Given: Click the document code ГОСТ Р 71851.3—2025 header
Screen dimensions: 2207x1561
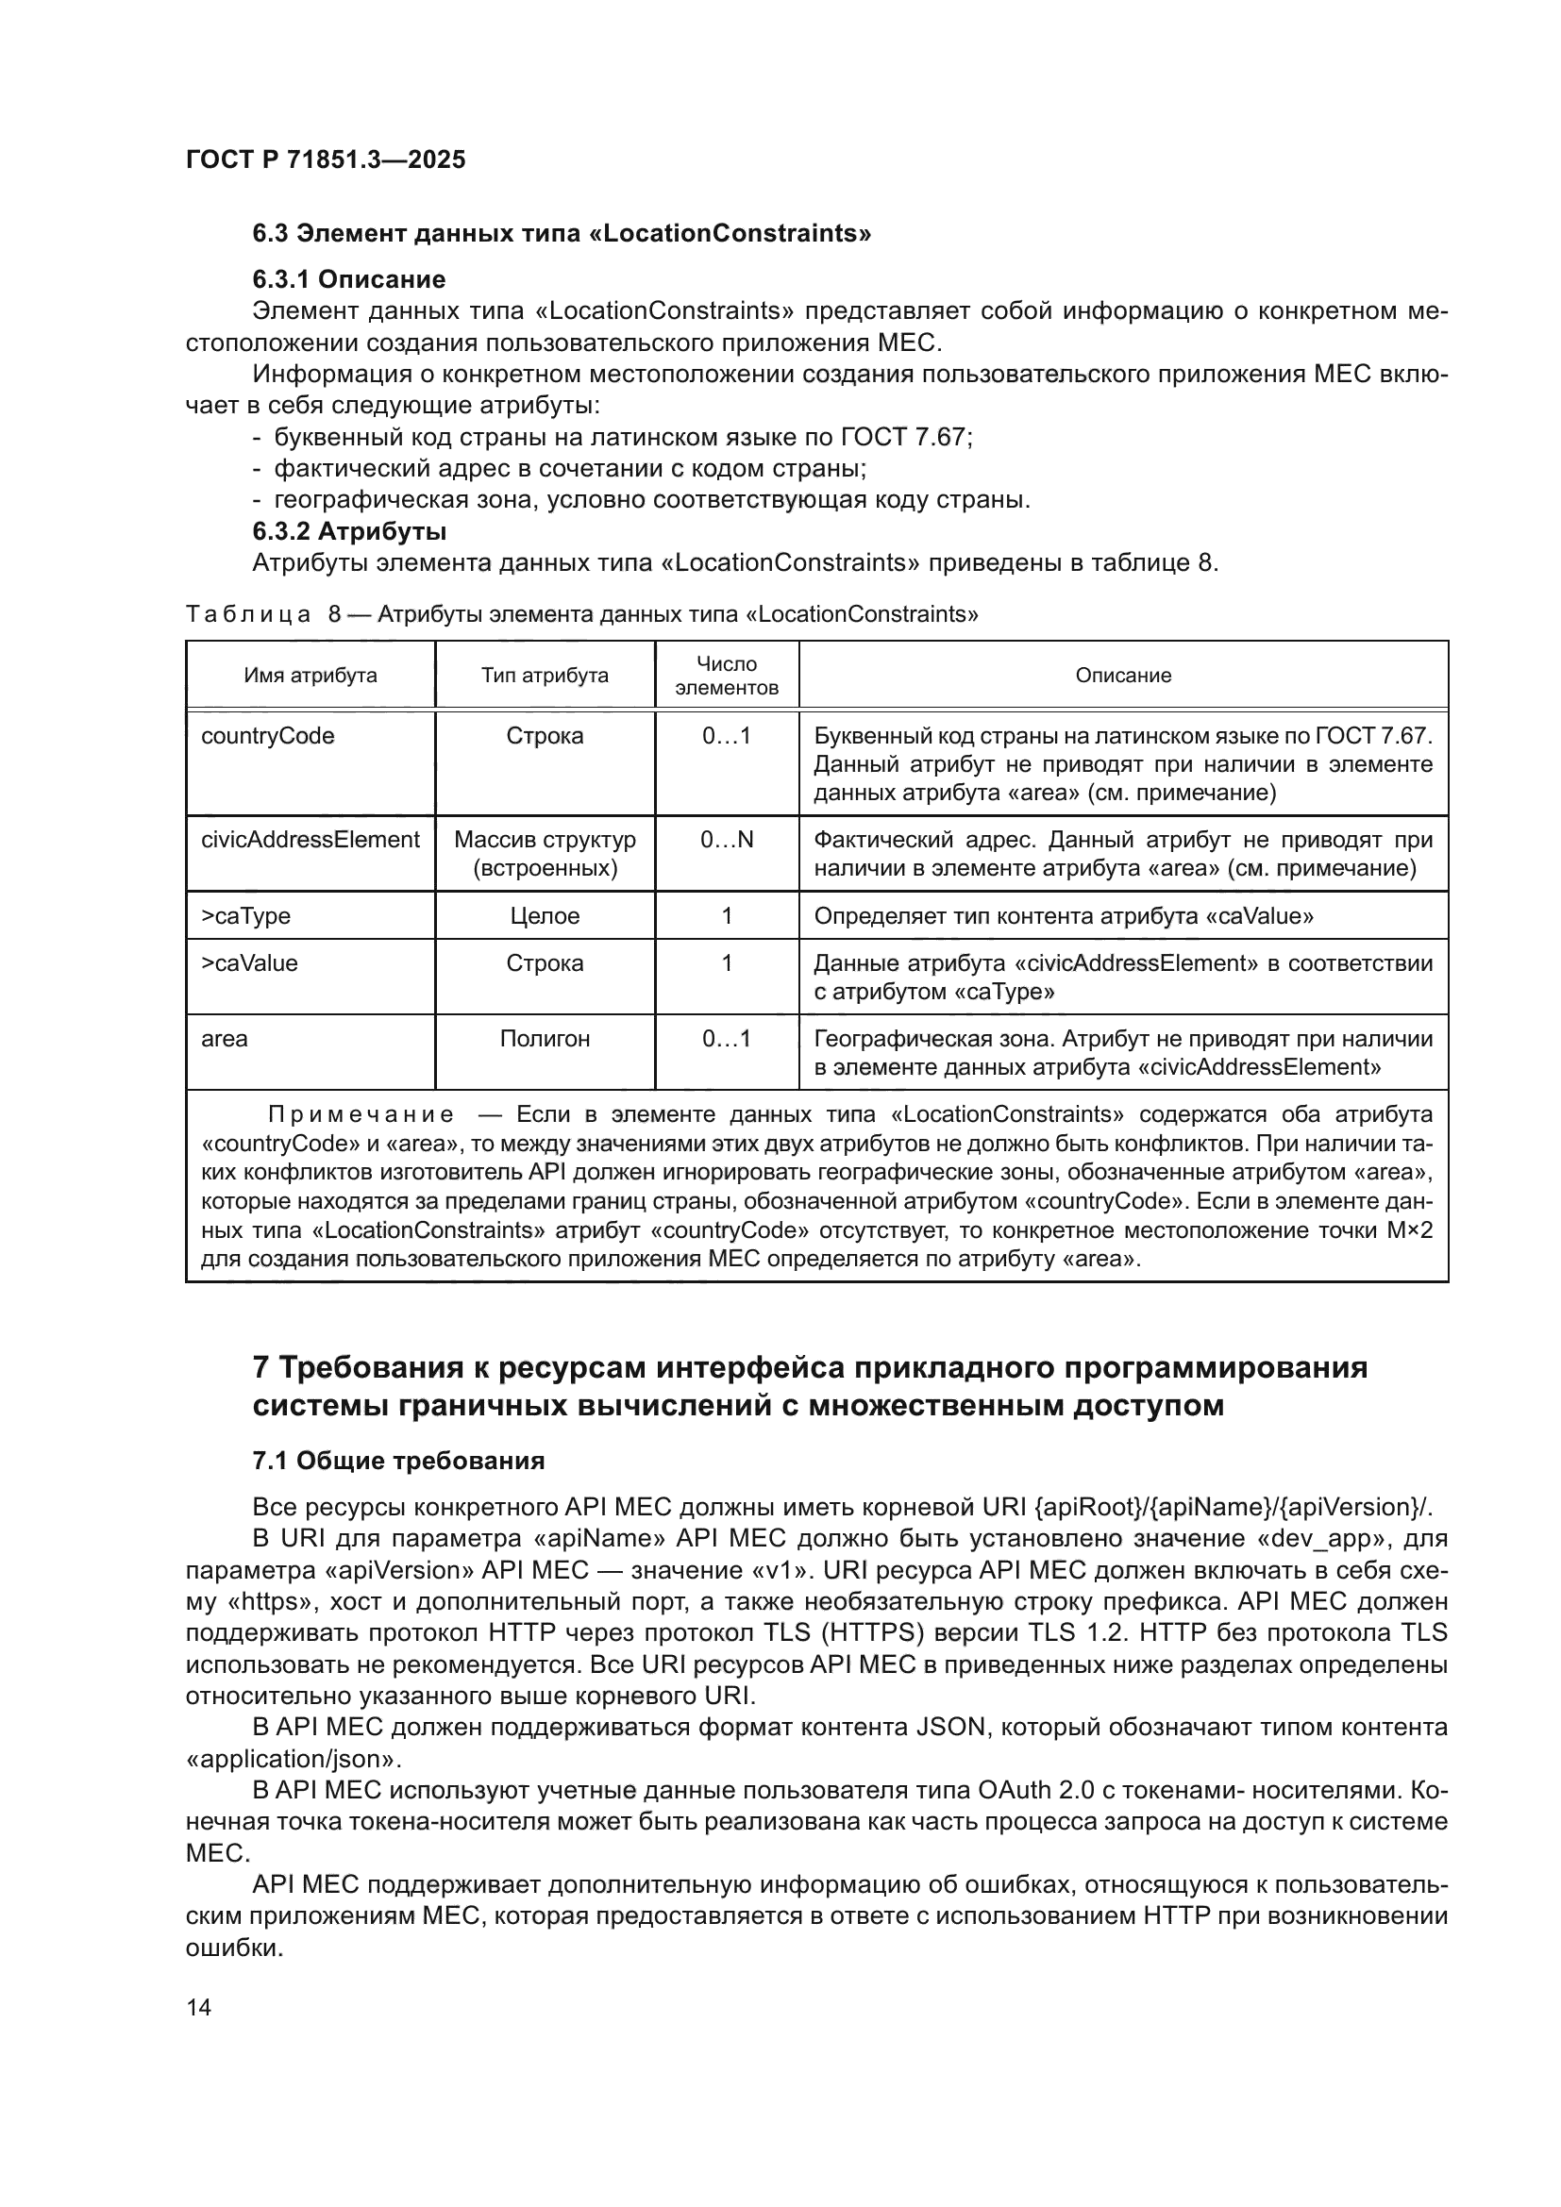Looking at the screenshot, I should tap(325, 159).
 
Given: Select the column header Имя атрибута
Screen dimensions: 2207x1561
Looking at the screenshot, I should tap(310, 675).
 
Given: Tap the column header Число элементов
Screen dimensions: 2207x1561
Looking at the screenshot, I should tap(726, 676).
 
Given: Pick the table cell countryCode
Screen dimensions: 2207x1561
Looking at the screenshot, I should tap(267, 736).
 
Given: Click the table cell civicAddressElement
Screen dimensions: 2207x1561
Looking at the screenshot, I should tap(310, 840).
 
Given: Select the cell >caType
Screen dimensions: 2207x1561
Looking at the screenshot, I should tap(245, 916).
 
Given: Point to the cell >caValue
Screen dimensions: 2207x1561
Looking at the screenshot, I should tap(249, 963).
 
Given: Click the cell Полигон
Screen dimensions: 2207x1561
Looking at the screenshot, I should tap(544, 1039).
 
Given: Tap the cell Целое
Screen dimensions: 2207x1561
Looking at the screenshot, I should tap(544, 916).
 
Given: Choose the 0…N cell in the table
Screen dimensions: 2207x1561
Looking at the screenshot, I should tap(726, 840).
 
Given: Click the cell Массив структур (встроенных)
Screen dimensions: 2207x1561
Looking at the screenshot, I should tap(544, 854).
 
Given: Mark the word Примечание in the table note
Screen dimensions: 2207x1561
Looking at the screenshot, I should tap(360, 1115).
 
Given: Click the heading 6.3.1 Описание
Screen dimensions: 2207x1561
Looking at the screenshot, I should tap(349, 279).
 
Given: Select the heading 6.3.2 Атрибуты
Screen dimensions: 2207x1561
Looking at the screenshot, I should tap(349, 531).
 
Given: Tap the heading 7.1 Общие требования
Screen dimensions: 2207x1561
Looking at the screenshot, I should tap(398, 1461).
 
